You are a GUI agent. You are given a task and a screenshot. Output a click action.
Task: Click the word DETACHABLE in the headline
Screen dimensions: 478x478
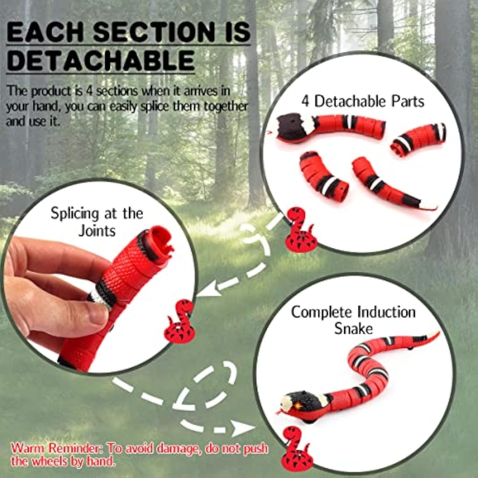(100, 61)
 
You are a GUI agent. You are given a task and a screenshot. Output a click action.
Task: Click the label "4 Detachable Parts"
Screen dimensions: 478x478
(363, 101)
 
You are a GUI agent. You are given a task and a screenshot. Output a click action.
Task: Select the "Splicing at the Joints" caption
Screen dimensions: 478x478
(97, 222)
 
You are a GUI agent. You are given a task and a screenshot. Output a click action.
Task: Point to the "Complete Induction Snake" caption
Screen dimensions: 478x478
(353, 320)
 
